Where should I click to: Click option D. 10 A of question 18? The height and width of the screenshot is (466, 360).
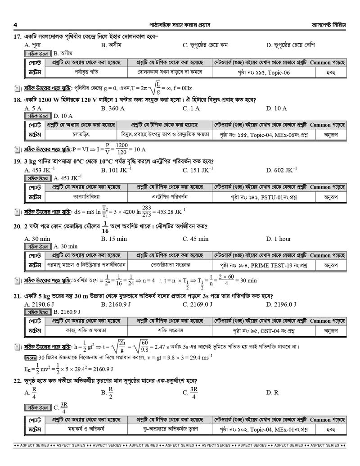coord(276,109)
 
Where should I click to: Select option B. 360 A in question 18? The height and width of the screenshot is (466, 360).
coord(113,109)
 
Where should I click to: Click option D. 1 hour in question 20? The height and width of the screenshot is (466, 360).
coord(279,239)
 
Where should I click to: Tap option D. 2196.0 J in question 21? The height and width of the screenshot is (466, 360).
coord(281,304)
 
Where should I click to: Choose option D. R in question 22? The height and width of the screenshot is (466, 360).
coord(272,392)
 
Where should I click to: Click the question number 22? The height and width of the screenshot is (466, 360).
coord(18,380)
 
